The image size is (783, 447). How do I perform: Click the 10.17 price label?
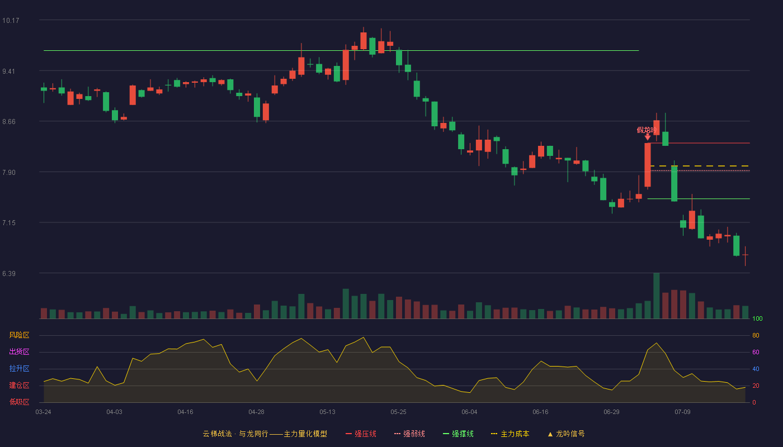(x=11, y=21)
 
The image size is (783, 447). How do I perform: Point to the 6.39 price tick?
(x=9, y=274)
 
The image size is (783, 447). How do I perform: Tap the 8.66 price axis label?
(x=9, y=122)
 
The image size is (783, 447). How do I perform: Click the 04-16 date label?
(x=185, y=412)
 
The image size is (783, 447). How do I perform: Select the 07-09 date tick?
(x=683, y=412)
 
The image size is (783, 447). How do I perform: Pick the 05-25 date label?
(x=398, y=412)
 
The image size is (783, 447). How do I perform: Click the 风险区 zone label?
(x=19, y=335)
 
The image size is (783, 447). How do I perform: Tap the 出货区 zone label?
(x=19, y=351)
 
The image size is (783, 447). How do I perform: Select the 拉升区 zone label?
(x=19, y=368)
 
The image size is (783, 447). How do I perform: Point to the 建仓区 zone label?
(x=19, y=385)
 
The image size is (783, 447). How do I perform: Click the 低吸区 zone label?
(x=19, y=402)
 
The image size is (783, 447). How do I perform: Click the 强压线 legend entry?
(x=361, y=434)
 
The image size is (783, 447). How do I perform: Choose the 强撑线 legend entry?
(x=458, y=434)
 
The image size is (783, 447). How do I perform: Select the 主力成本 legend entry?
(x=510, y=434)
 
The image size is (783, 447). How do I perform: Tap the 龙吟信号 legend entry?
(x=566, y=434)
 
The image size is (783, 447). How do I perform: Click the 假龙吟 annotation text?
(x=647, y=130)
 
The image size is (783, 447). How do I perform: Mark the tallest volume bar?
(x=657, y=296)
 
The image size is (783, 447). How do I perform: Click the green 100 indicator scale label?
(x=757, y=318)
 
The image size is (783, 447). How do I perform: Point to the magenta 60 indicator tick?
(x=756, y=352)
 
